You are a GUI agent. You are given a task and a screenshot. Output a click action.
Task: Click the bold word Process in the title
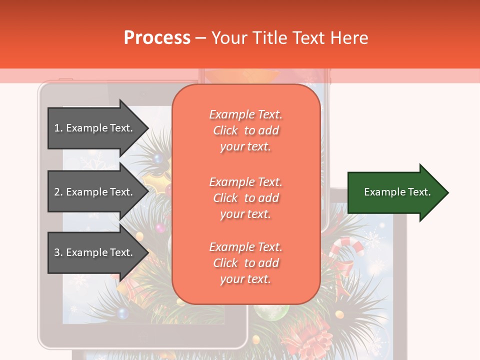[x=157, y=37]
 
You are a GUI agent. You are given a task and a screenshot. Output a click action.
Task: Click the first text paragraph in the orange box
[x=245, y=130]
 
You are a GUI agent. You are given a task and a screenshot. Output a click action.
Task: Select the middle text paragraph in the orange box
[x=245, y=197]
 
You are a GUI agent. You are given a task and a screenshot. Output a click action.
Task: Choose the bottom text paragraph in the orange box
[x=245, y=263]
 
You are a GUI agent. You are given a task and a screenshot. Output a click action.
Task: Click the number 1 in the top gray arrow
[x=56, y=128]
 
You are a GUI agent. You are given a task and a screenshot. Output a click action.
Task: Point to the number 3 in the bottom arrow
[x=56, y=252]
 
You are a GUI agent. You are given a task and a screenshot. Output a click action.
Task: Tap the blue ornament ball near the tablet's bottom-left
[x=122, y=313]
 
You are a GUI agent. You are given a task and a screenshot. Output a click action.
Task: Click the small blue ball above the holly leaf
[x=158, y=159]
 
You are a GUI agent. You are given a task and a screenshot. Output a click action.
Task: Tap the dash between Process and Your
[x=200, y=38]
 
